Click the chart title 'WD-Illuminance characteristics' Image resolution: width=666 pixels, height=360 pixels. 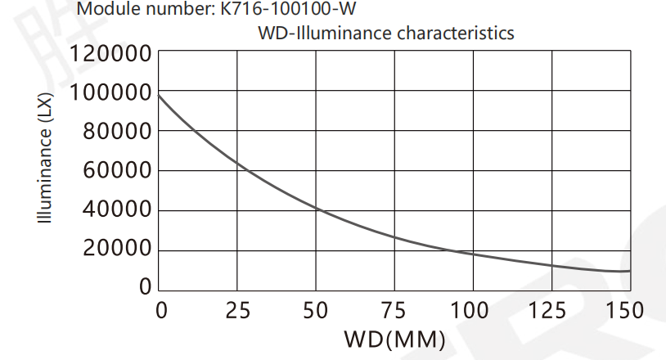[x=385, y=34]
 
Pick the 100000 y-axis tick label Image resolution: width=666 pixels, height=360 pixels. [x=111, y=93]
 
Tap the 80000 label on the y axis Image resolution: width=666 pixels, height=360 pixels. [x=117, y=133]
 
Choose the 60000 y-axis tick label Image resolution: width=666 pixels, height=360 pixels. [x=117, y=172]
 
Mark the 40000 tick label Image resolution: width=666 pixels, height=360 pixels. [x=117, y=211]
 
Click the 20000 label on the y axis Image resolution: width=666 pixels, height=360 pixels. [x=117, y=250]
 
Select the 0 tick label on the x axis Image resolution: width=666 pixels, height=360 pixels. [x=161, y=311]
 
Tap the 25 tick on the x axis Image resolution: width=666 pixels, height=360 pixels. [x=237, y=311]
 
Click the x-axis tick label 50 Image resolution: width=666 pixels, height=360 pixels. [x=316, y=311]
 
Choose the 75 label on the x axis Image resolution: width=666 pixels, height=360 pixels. [x=394, y=311]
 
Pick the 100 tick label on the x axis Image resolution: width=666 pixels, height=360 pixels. [x=472, y=311]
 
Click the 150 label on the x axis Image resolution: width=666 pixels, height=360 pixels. [x=626, y=311]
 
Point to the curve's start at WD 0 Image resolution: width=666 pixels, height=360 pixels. [x=159, y=96]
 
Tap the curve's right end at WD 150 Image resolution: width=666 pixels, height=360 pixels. [x=630, y=270]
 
